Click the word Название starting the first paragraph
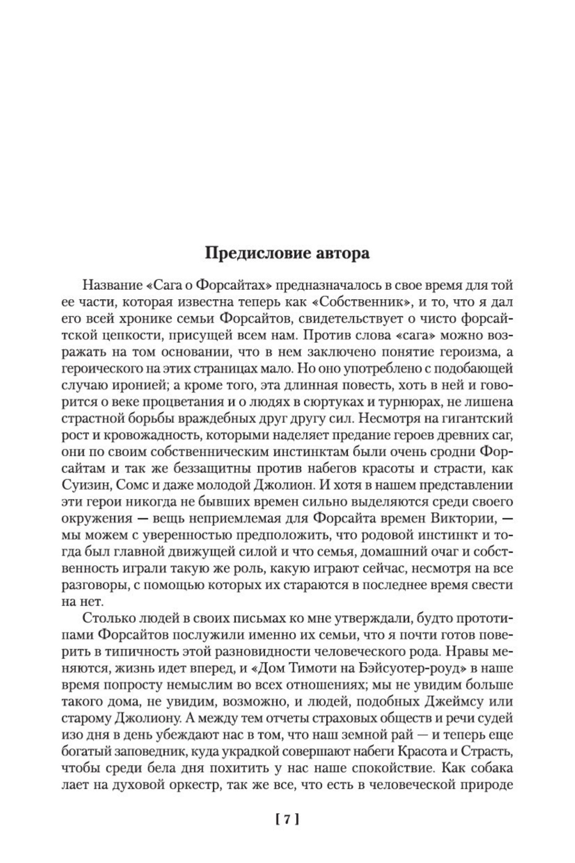(x=108, y=286)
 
